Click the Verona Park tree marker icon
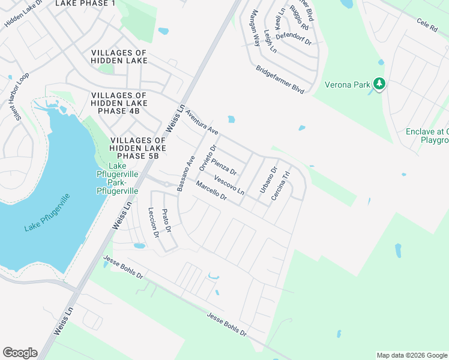379,84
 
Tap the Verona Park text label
348,85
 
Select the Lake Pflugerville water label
47,211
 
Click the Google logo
20,353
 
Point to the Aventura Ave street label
202,121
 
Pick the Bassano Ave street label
186,173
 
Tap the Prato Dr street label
168,221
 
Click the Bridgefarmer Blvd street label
280,79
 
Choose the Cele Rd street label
427,25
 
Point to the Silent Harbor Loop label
16,97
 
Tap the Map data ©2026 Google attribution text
411,355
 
